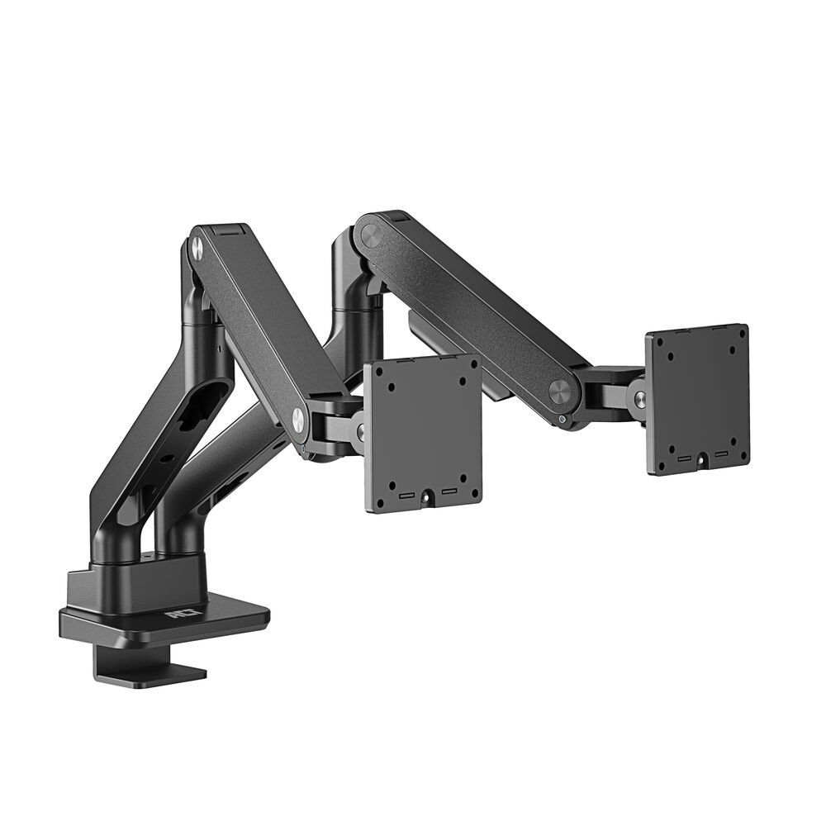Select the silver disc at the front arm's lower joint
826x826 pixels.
tap(297, 420)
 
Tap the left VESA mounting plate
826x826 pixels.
tap(423, 431)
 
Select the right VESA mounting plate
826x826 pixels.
tap(698, 398)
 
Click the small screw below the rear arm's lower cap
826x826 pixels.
tap(563, 420)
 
